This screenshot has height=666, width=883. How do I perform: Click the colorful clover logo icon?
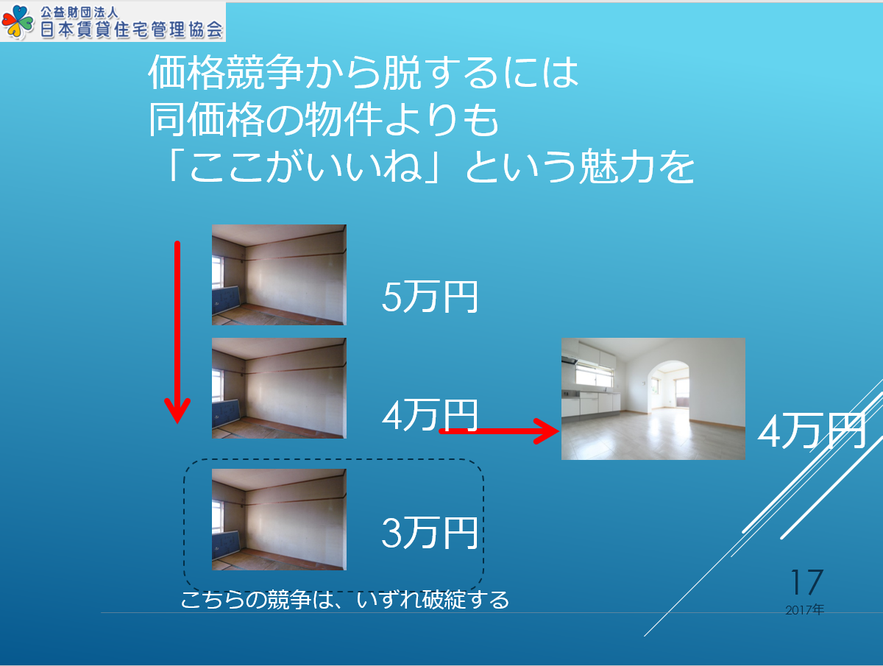pyautogui.click(x=18, y=22)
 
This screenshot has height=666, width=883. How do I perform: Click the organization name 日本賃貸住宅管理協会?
pyautogui.click(x=132, y=29)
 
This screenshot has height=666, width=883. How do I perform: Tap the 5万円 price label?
pyautogui.click(x=430, y=297)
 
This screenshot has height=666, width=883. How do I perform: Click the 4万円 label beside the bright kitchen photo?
pyautogui.click(x=812, y=431)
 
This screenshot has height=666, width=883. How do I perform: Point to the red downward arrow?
pyautogui.click(x=177, y=332)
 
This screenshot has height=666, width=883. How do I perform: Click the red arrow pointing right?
pyautogui.click(x=499, y=431)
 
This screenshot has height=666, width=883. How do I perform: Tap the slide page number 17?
pyautogui.click(x=807, y=582)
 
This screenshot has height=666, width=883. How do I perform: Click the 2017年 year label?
pyautogui.click(x=804, y=610)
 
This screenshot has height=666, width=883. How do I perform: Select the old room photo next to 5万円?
pyautogui.click(x=279, y=274)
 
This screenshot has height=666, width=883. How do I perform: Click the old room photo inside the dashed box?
pyautogui.click(x=279, y=520)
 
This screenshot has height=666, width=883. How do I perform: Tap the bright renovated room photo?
pyautogui.click(x=653, y=399)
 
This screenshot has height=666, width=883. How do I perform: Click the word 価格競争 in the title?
pyautogui.click(x=225, y=72)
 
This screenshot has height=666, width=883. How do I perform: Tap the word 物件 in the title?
pyautogui.click(x=343, y=119)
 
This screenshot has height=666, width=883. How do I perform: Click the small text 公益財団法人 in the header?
pyautogui.click(x=79, y=13)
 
